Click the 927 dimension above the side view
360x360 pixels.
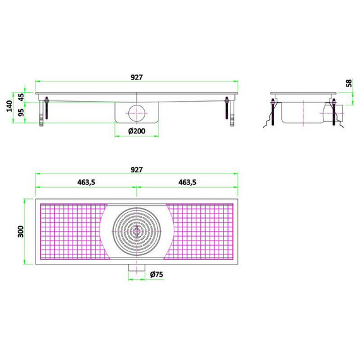click(x=136, y=77)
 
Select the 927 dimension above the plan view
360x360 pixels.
click(x=136, y=170)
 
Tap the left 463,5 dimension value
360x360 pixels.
click(x=86, y=183)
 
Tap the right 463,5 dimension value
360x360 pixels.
click(x=188, y=183)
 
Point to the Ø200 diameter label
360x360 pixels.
click(x=136, y=131)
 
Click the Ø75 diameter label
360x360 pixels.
click(x=157, y=274)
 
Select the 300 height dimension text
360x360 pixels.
click(x=20, y=231)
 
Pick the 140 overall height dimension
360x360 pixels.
click(x=9, y=106)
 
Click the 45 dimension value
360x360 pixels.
click(x=21, y=97)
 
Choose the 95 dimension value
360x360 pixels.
click(x=21, y=112)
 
